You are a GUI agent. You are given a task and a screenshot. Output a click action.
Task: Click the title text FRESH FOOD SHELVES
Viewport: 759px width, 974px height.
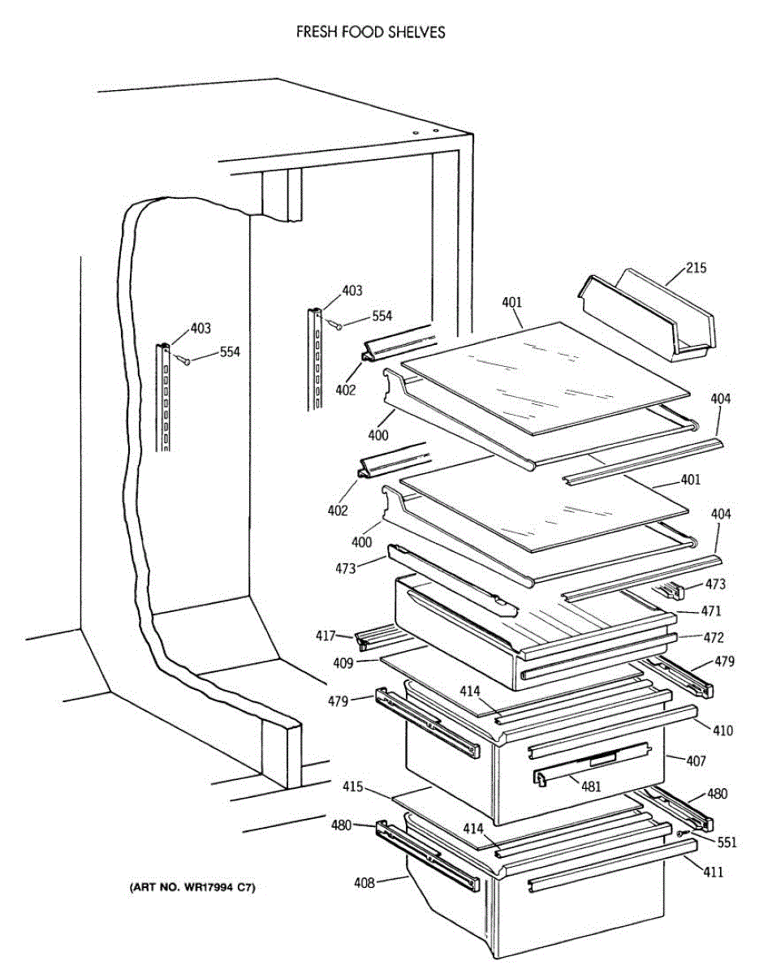pos(370,32)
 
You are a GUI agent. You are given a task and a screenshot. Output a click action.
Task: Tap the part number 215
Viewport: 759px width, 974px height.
pos(696,268)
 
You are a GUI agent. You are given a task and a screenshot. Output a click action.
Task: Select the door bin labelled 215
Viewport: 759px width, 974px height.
pos(649,317)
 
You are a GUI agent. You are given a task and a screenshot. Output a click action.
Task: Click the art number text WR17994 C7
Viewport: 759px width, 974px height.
pos(192,888)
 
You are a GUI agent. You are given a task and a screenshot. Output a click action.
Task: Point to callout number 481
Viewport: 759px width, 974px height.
pos(592,785)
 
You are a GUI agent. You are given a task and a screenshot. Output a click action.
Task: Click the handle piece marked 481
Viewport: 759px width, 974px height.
pos(593,764)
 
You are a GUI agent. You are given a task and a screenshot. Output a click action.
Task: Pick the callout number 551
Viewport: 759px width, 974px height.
pos(727,843)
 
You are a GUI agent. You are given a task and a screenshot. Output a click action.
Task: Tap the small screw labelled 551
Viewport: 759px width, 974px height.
pos(684,834)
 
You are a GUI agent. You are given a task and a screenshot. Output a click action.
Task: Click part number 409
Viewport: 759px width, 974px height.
pos(343,663)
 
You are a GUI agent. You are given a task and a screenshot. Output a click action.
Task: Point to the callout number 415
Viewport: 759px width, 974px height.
pos(351,787)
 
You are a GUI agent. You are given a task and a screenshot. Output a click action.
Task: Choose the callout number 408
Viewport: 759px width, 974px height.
pos(364,883)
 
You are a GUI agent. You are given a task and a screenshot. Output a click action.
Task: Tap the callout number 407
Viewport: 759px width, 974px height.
pos(696,761)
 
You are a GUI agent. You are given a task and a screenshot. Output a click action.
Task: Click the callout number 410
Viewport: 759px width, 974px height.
pos(722,730)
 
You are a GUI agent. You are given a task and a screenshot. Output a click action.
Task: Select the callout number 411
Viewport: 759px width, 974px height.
pos(714,873)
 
